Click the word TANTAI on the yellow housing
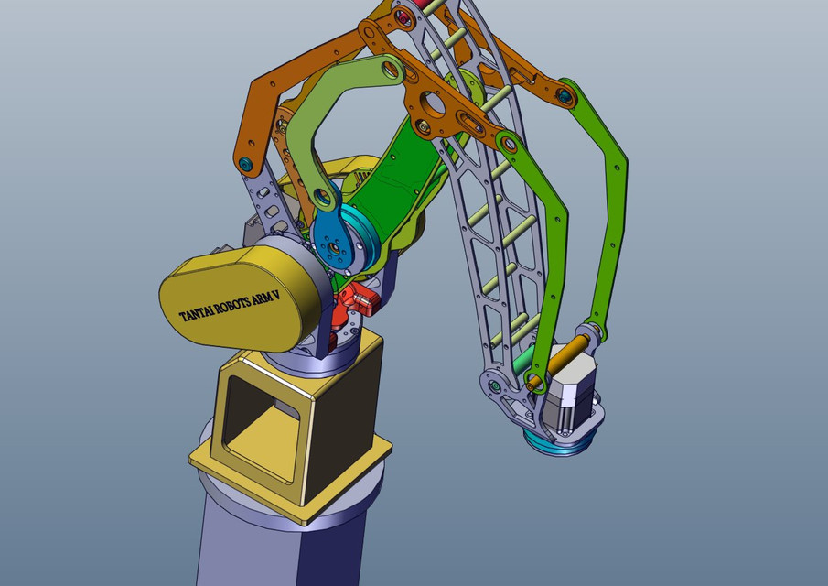[x=197, y=313]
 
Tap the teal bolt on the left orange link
[x=245, y=164]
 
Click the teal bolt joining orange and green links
[x=565, y=96]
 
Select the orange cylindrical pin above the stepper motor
[x=559, y=361]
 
